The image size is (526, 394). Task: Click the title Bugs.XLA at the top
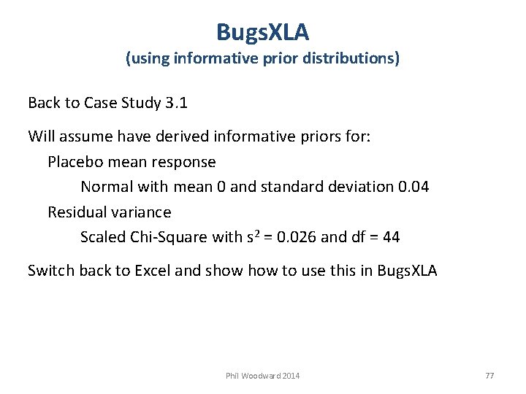coord(263,32)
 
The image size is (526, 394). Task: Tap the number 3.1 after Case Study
coord(176,103)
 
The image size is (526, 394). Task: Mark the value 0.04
coord(414,187)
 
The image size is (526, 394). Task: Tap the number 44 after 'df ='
coord(391,237)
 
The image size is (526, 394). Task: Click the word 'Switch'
coord(50,271)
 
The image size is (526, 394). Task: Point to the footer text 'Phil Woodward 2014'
coord(263,376)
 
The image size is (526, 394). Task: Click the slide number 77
coord(489,376)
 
